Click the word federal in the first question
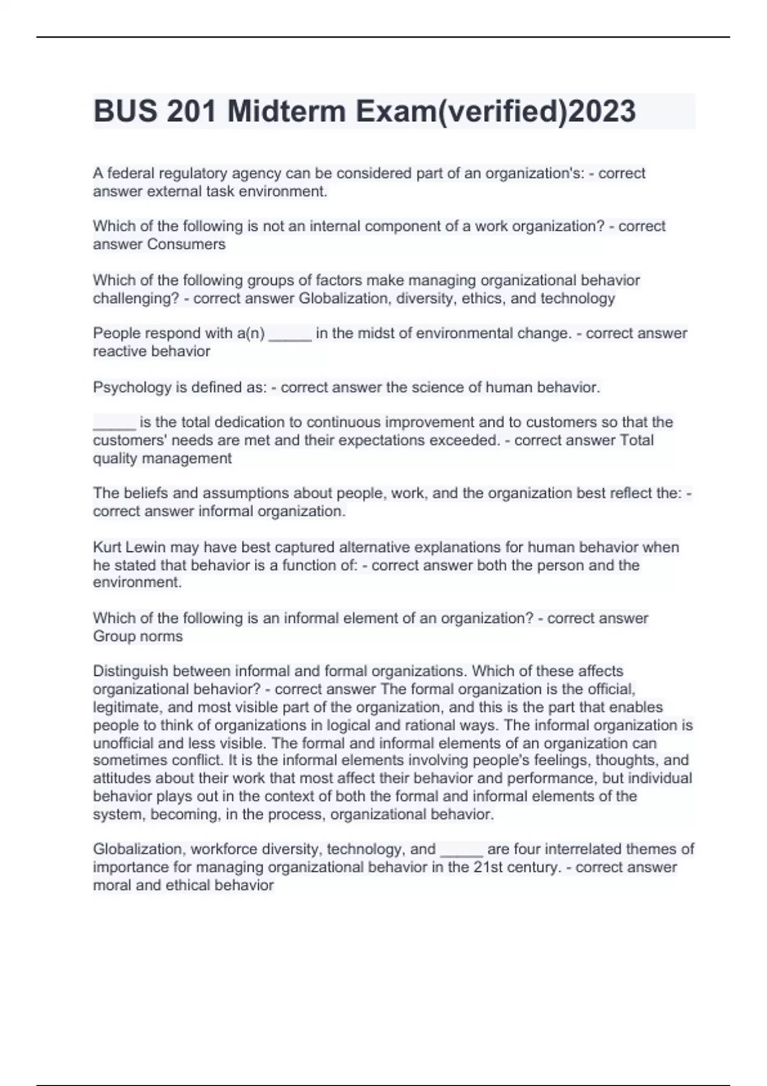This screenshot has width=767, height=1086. pyautogui.click(x=131, y=174)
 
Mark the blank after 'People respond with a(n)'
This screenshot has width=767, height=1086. pyautogui.click(x=290, y=333)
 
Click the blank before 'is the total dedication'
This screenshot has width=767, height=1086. pyautogui.click(x=114, y=422)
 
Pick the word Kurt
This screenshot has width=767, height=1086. pyautogui.click(x=107, y=547)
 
